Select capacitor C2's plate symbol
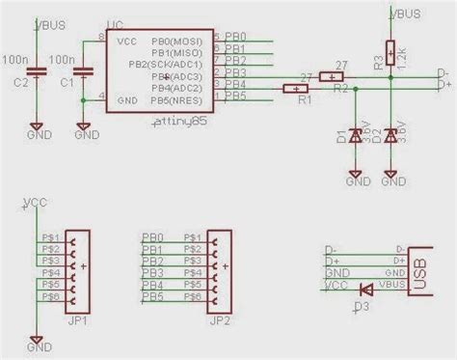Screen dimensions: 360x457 pyautogui.click(x=36, y=71)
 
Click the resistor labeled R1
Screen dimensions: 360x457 pyautogui.click(x=295, y=90)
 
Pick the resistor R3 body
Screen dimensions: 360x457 pyautogui.click(x=390, y=53)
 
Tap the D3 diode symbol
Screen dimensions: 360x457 pyautogui.click(x=364, y=288)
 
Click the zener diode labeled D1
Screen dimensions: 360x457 pyautogui.click(x=355, y=138)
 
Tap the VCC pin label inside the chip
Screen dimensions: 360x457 pyautogui.click(x=126, y=43)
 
